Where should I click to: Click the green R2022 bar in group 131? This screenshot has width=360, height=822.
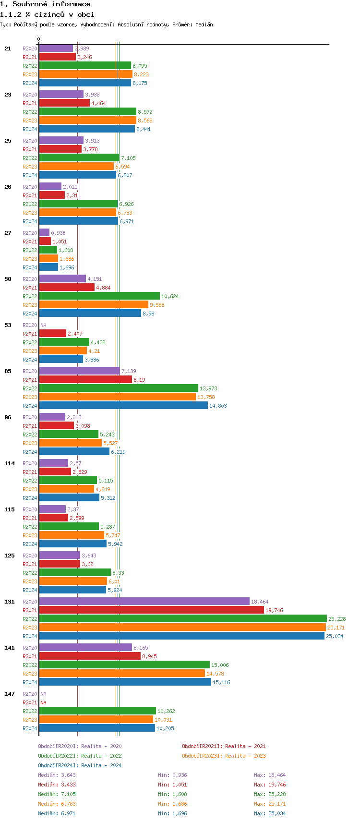[182, 619]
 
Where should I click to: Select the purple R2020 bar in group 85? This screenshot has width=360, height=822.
[79, 371]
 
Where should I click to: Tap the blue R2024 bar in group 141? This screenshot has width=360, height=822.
[125, 682]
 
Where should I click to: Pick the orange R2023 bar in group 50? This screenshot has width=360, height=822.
[94, 305]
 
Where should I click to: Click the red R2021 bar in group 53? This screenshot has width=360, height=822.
[53, 334]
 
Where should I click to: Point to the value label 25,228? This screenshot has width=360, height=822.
[337, 619]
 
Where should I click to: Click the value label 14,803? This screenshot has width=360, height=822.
[218, 406]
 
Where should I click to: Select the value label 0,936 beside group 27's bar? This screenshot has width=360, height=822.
[58, 233]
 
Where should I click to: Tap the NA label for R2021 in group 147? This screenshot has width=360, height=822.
[43, 702]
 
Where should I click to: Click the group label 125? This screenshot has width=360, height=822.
[10, 556]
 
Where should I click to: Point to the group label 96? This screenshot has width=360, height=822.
[8, 417]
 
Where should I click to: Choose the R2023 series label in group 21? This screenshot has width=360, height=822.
[30, 74]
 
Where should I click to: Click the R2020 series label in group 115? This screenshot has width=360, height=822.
[30, 509]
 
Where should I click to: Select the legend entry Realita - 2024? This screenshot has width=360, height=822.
[80, 765]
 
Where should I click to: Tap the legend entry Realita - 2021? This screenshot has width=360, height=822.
[224, 746]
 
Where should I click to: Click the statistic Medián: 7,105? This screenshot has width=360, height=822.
[57, 794]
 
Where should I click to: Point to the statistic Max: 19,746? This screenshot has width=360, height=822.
[270, 785]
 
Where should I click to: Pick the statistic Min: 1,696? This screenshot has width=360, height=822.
[172, 813]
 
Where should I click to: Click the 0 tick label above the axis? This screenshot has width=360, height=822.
[39, 39]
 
